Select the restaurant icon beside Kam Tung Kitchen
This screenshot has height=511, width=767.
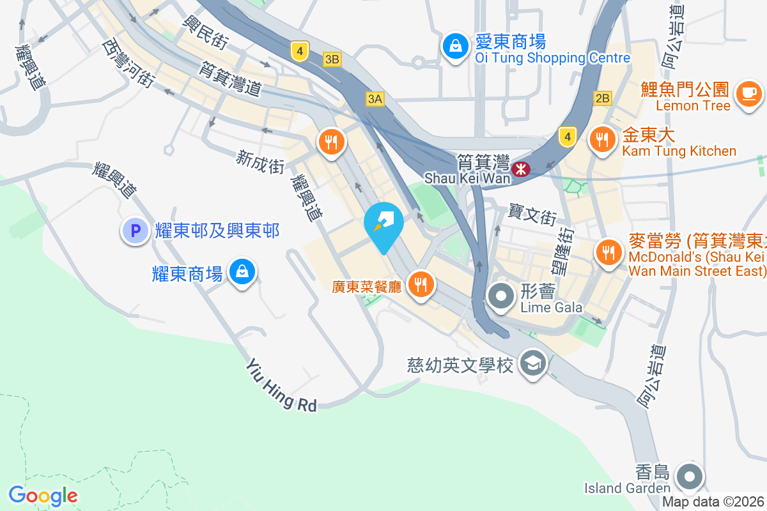(601, 139)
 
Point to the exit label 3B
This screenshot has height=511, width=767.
(332, 59)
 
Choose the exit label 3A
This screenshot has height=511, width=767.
(375, 98)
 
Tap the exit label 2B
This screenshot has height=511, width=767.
(602, 98)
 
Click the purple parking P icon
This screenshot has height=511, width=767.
(136, 231)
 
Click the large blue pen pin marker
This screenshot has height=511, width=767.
(383, 224)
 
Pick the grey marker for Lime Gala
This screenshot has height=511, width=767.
(501, 296)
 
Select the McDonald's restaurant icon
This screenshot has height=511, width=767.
(608, 252)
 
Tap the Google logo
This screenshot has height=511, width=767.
(43, 496)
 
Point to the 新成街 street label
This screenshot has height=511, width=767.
(260, 161)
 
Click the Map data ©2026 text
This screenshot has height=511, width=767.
(713, 502)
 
